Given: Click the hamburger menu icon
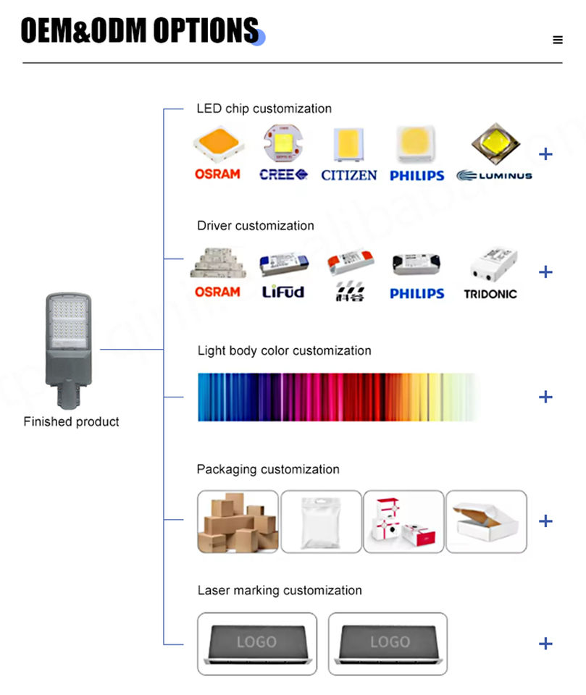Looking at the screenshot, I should pos(557,40).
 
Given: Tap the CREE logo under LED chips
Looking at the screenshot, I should pos(283,174).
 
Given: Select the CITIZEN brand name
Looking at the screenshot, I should pos(348,175).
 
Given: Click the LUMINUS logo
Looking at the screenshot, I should pos(494,175).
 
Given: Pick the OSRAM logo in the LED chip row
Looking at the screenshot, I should pos(217,174).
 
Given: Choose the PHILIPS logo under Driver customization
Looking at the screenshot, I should pos(417,293).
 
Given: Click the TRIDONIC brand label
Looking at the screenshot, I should pos(490,294).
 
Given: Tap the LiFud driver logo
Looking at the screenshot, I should pos(283,292).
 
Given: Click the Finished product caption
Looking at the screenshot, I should pos(71,421).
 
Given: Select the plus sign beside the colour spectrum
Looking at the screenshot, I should pos(545,397).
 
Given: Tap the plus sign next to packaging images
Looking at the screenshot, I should pos(545,521).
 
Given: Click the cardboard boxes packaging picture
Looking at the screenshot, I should pos(238,522).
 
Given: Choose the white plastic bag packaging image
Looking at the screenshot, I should pos(321,522).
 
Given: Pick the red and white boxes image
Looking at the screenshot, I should pos(403,522).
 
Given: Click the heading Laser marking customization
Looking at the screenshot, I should pos(280,590).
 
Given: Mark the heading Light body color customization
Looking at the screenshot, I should pos(284,350).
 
